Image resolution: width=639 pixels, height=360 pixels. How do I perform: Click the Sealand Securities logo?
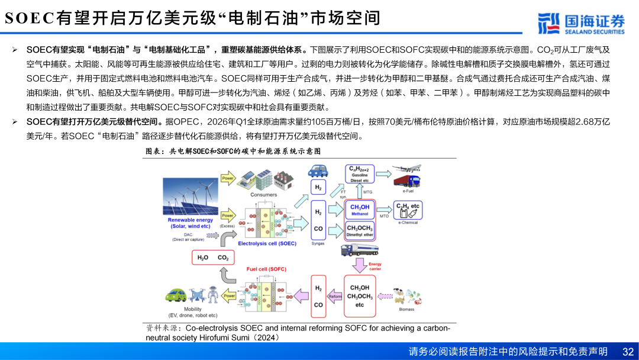point(581,23)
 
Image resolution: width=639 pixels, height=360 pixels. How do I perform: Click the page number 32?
point(627,351)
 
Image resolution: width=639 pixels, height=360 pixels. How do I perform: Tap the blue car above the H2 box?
point(318,172)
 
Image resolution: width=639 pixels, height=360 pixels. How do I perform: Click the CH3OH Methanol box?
point(360,210)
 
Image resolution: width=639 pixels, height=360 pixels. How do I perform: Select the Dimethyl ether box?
point(360,231)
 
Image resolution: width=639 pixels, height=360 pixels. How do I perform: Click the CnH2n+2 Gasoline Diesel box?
point(359,173)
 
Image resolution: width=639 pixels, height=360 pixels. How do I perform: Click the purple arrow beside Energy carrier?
point(359,265)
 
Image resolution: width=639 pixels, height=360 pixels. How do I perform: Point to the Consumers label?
point(263,194)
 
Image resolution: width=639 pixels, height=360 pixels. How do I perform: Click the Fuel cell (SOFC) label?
point(266,269)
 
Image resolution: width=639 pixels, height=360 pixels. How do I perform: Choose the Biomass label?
point(406,309)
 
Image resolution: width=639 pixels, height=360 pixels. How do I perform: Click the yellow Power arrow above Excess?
point(228,216)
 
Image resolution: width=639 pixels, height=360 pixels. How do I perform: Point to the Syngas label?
point(318,243)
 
